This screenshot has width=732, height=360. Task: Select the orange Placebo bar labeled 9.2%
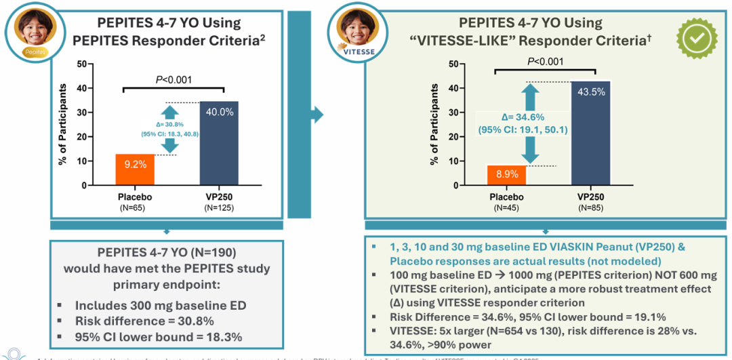(x=135, y=169)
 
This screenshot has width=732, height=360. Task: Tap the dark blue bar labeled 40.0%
(x=219, y=143)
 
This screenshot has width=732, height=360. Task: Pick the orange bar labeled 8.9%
(x=506, y=175)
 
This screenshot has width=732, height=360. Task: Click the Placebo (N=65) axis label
(x=135, y=201)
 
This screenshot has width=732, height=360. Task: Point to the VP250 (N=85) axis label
(x=590, y=202)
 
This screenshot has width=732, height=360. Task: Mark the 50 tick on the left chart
(x=81, y=64)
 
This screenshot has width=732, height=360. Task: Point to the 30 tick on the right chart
(x=452, y=112)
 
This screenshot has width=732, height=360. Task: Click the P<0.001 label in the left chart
(x=174, y=79)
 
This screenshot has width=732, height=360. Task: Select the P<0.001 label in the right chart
(x=545, y=62)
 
